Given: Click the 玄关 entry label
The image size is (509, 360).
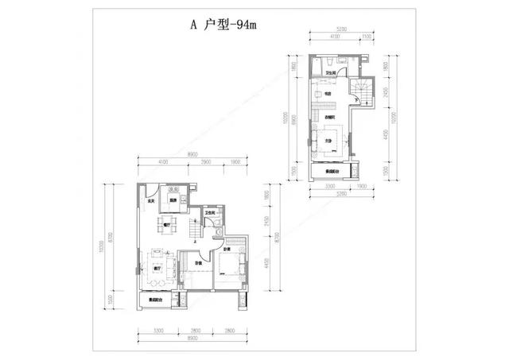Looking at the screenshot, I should point(150,202).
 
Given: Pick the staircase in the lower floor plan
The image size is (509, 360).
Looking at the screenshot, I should point(193,227).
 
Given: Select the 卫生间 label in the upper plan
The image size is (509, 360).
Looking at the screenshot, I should point(328,74).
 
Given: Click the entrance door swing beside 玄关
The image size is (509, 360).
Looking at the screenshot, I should point(150,190).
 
